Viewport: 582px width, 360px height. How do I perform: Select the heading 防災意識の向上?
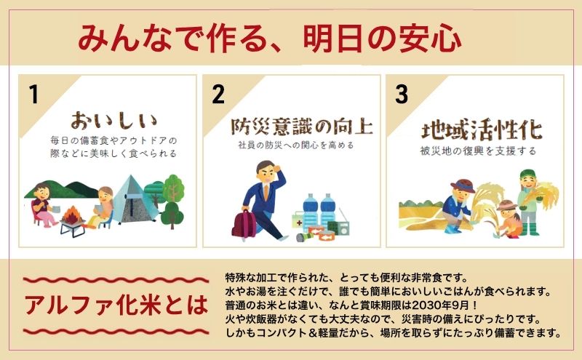pos(301,127)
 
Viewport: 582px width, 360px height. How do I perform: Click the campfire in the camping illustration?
pos(73,215)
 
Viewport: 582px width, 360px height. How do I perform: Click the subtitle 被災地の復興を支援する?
pos(478,151)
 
